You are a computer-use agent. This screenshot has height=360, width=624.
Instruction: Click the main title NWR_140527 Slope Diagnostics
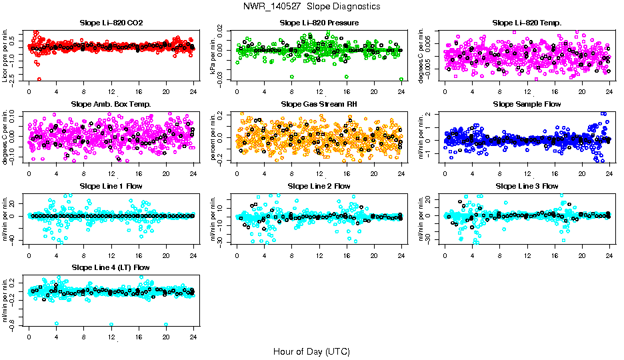tap(312, 6)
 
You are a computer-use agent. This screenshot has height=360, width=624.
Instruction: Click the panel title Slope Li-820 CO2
tap(111, 23)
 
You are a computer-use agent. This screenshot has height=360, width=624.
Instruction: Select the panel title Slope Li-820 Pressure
tap(319, 23)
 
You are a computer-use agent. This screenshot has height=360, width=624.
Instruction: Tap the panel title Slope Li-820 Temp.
tap(527, 23)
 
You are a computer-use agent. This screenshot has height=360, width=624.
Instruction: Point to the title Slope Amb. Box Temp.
tap(111, 104)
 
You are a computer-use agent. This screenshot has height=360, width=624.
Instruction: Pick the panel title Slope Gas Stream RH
tap(319, 104)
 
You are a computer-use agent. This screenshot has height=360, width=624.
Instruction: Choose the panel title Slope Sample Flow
tap(527, 104)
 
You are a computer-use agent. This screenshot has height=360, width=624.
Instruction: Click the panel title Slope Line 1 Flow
tap(111, 186)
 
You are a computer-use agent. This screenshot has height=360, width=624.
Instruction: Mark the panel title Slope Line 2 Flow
tap(319, 186)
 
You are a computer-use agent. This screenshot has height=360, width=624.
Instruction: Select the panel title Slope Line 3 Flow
tap(527, 186)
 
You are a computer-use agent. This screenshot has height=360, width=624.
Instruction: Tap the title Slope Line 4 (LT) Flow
tap(111, 267)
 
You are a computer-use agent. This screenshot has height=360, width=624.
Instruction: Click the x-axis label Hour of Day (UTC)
tap(311, 351)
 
